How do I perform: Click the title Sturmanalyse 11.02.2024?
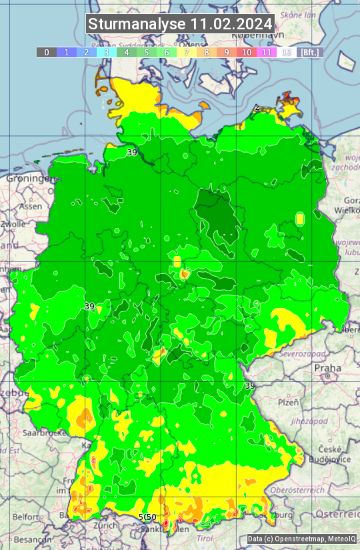click(180, 24)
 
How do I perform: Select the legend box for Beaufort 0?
click(46, 52)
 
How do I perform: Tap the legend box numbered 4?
click(127, 52)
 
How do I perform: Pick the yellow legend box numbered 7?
click(187, 52)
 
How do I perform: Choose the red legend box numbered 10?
click(247, 52)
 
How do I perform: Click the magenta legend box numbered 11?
click(267, 52)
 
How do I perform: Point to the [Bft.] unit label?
click(309, 52)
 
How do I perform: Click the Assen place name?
click(30, 207)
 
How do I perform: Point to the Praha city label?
click(327, 368)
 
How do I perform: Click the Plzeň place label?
click(288, 403)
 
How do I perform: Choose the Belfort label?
click(26, 517)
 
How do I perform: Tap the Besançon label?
click(29, 538)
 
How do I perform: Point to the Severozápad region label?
click(298, 353)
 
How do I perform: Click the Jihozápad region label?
click(291, 421)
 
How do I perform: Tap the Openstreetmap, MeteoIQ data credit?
click(301, 539)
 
